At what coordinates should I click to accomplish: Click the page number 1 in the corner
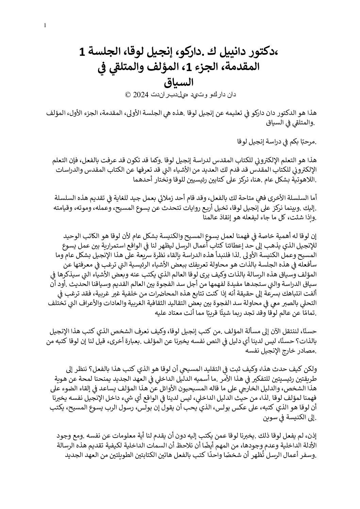pos(46,25)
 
